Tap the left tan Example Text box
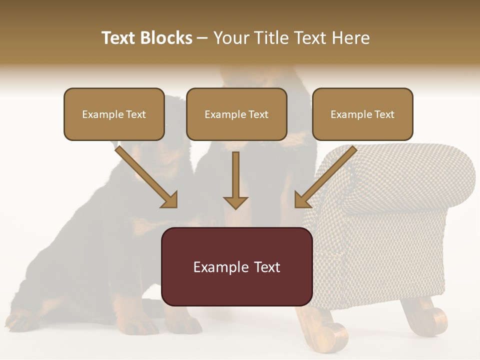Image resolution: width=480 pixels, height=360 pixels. pyautogui.click(x=114, y=114)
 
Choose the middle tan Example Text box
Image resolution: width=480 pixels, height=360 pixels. pyautogui.click(x=236, y=114)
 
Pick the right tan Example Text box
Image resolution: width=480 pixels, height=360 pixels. pyautogui.click(x=362, y=114)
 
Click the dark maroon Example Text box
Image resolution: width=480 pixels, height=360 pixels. pyautogui.click(x=236, y=266)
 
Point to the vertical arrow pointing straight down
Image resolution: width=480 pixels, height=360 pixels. pyautogui.click(x=235, y=180)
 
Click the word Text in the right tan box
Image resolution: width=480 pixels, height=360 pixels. pyautogui.click(x=384, y=114)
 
